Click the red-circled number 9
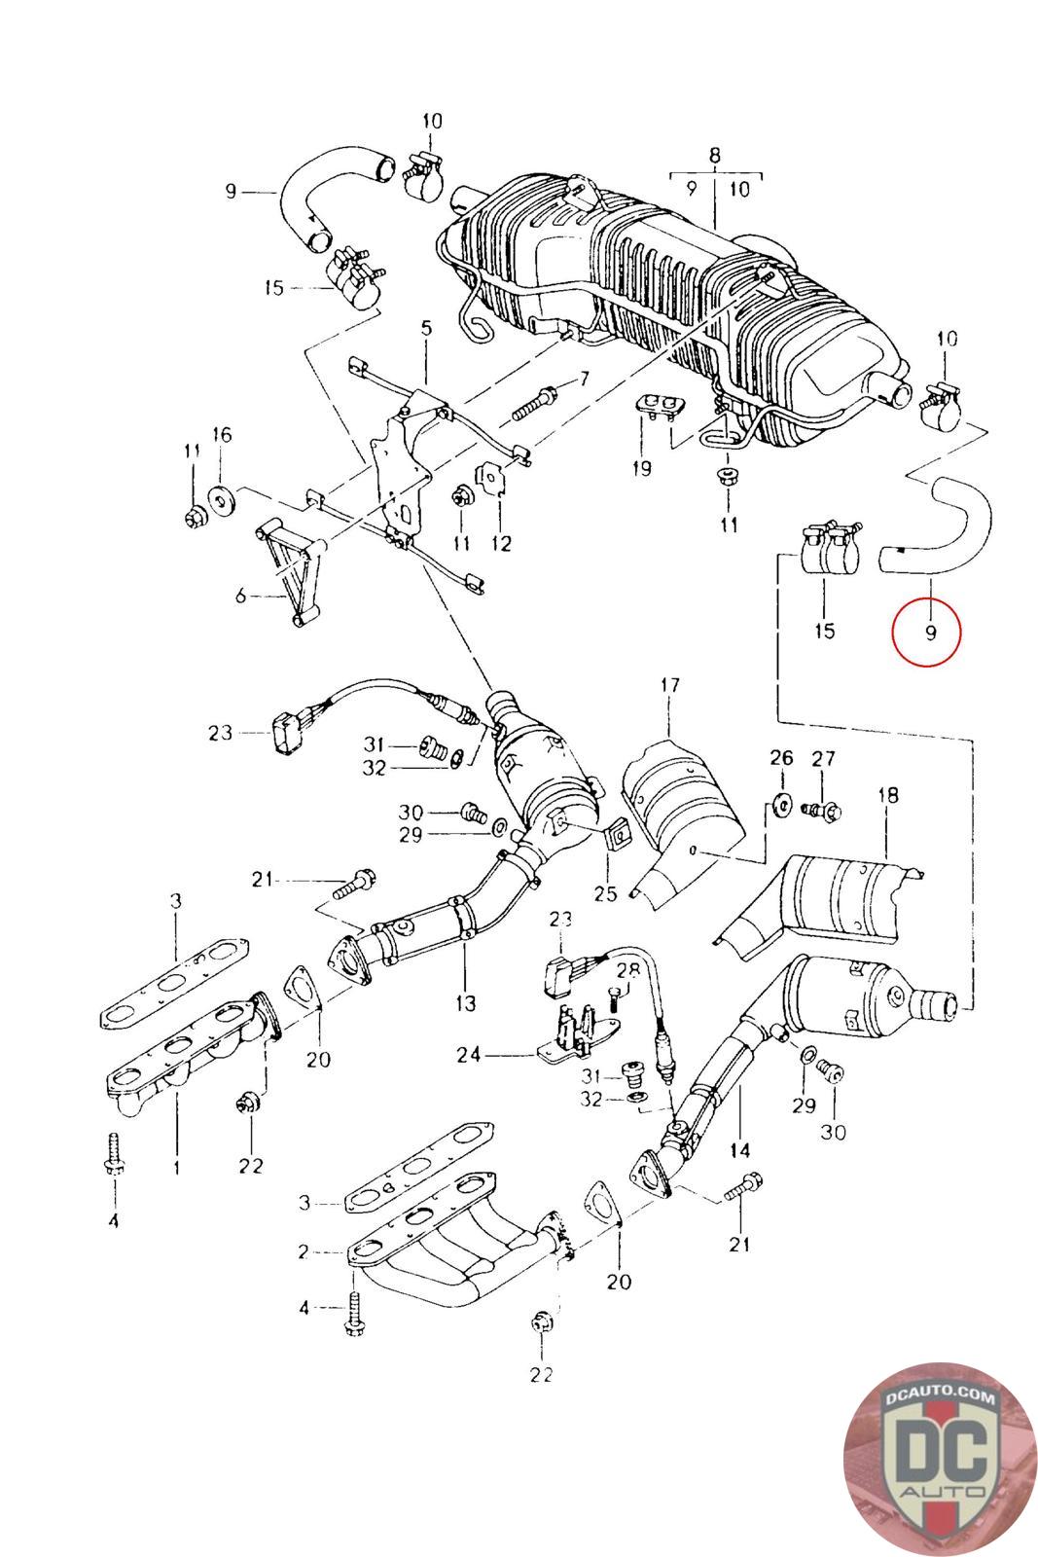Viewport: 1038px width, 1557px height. (x=930, y=633)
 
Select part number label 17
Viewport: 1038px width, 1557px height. (x=669, y=685)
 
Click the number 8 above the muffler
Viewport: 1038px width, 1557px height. (x=715, y=155)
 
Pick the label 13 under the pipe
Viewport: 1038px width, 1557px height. (x=466, y=1003)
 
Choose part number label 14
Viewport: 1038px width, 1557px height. (x=740, y=1150)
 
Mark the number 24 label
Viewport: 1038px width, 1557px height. (x=468, y=1055)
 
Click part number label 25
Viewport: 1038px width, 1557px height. (x=605, y=893)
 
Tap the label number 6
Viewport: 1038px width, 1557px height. (x=240, y=596)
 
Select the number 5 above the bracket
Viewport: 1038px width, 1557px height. (x=426, y=328)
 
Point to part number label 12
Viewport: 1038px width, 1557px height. (x=501, y=544)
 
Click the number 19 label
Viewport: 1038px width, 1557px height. (x=642, y=468)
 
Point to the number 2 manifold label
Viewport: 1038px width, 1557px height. (x=304, y=1251)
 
